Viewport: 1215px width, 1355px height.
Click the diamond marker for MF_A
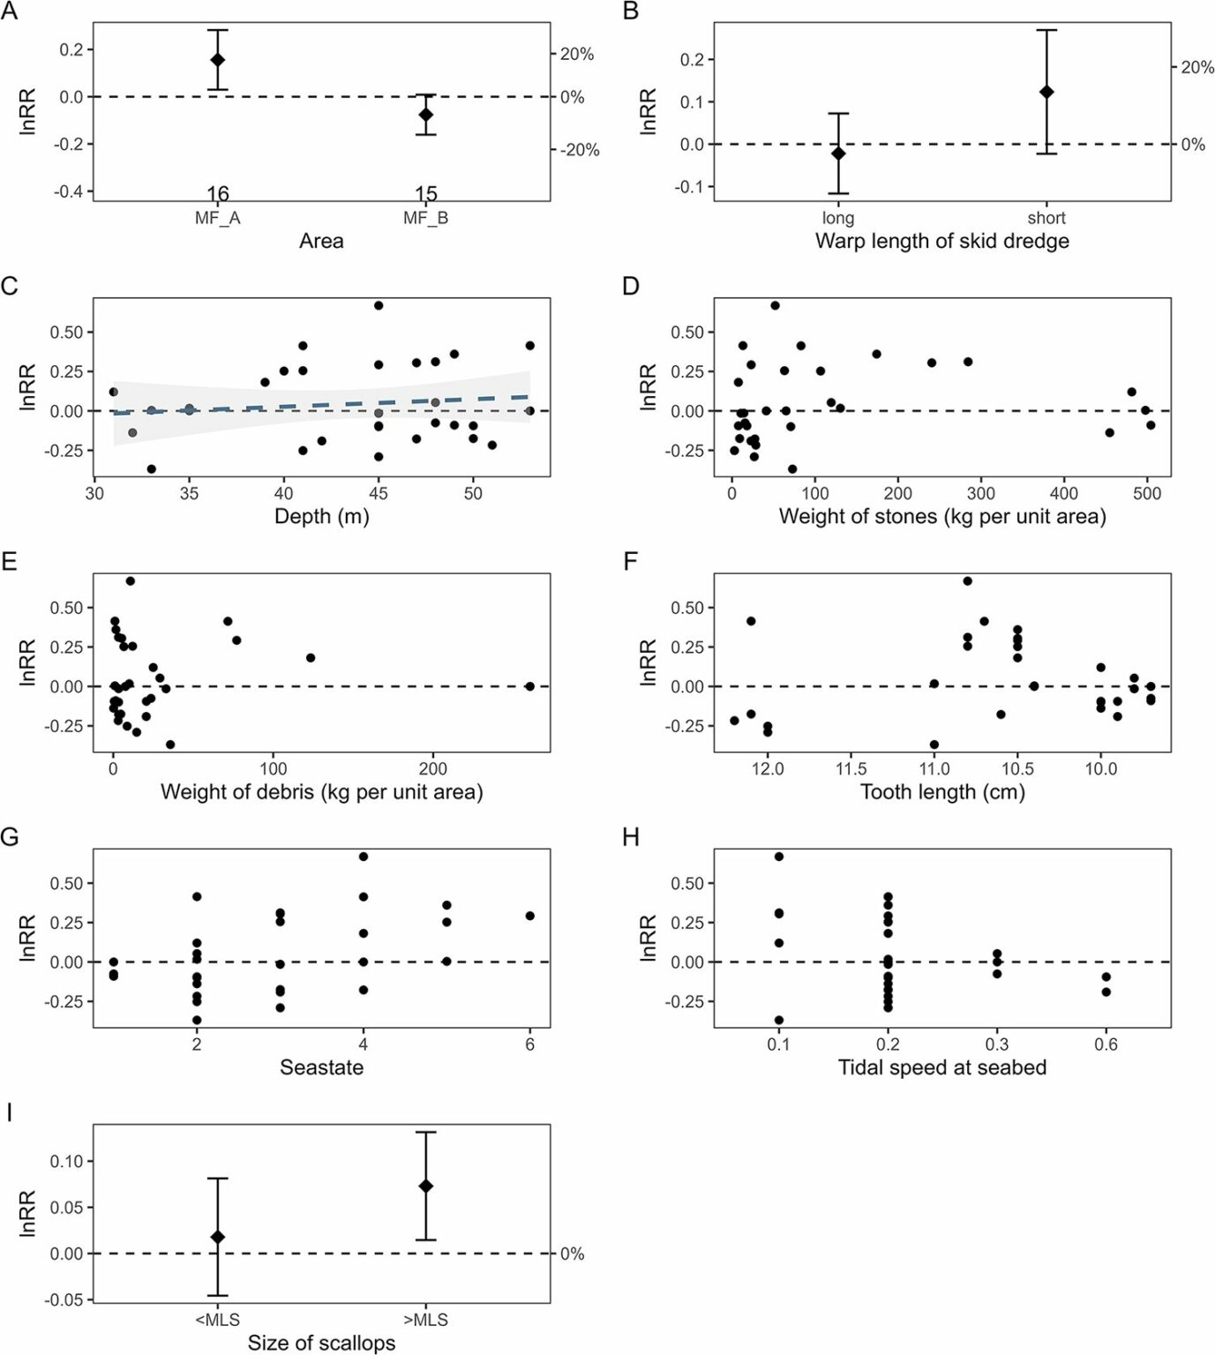tap(217, 60)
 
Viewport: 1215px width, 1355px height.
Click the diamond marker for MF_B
tap(425, 115)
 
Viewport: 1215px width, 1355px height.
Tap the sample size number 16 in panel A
tap(217, 193)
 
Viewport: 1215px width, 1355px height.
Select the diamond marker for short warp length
tap(1046, 92)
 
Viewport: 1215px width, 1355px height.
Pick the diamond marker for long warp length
tap(838, 153)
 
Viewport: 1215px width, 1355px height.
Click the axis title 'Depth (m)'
tap(321, 516)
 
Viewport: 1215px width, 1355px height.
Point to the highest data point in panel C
tap(379, 305)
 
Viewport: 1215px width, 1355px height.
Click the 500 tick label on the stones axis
tap(1147, 494)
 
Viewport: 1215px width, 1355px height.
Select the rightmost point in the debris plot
tap(529, 686)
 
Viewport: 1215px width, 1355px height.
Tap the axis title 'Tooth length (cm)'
tap(942, 791)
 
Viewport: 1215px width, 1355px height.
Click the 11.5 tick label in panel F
tap(851, 769)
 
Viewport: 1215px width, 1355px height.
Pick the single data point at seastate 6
tap(529, 916)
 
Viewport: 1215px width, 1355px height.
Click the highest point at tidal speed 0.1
tap(778, 857)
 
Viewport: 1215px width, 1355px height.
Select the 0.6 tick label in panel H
tap(1106, 1044)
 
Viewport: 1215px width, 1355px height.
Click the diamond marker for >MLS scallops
tap(425, 1187)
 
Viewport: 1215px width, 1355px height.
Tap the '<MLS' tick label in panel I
tap(217, 1320)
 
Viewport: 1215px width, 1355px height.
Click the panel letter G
tap(10, 837)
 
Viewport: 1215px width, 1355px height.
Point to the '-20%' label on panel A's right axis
tap(580, 150)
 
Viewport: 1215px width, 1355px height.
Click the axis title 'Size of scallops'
tap(321, 1343)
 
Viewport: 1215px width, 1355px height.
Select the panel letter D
tap(631, 286)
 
